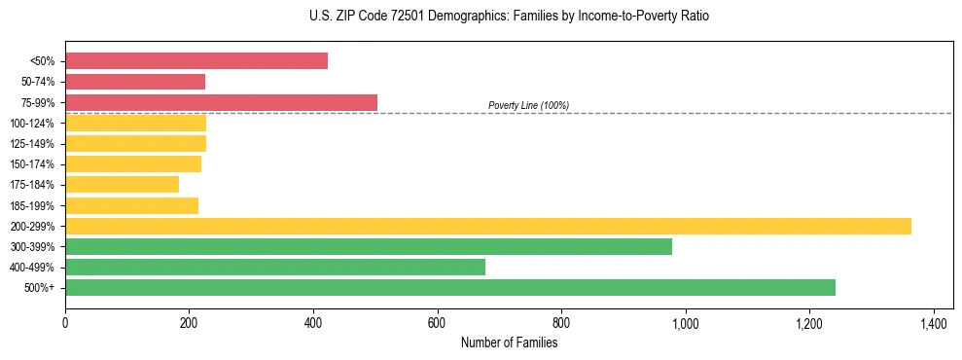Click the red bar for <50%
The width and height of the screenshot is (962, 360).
pos(196,61)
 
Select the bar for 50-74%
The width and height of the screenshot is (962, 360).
pos(135,82)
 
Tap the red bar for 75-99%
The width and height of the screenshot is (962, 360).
pos(221,102)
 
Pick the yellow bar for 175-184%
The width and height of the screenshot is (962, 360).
pos(122,184)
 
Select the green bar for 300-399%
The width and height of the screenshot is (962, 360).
pos(369,246)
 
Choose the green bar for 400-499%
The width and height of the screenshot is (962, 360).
pos(275,267)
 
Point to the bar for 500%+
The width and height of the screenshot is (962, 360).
pos(450,287)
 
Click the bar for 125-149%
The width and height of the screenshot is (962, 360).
pos(135,143)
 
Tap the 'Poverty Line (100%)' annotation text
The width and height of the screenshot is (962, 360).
pos(528,105)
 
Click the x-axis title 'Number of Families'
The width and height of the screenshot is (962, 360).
pos(509,342)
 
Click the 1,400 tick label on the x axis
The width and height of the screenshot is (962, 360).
pos(933,322)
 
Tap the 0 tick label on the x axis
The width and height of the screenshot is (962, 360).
pos(65,322)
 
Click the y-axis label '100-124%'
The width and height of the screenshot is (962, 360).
pos(31,124)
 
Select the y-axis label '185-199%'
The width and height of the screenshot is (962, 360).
pos(31,205)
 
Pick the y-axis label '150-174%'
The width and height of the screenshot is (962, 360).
pos(31,164)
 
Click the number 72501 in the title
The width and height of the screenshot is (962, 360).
pos(406,17)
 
